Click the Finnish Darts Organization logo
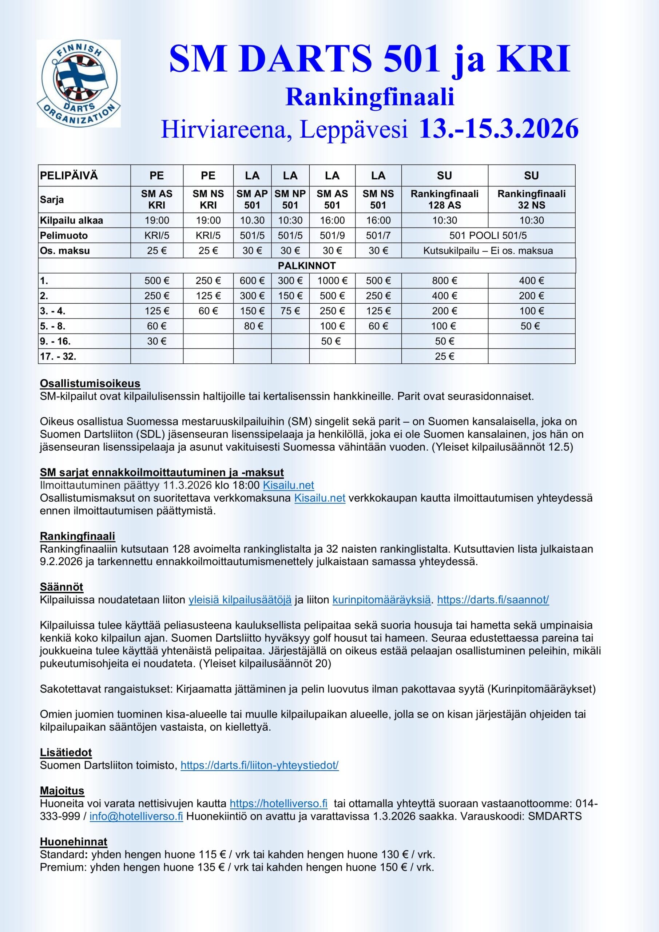point(79,84)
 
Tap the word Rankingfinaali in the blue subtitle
point(370,98)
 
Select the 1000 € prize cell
point(332,280)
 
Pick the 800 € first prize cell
point(444,280)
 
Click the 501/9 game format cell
point(332,236)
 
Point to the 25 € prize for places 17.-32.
point(444,356)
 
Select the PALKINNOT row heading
point(307,265)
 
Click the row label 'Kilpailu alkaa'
point(71,220)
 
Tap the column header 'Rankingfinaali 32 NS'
point(531,199)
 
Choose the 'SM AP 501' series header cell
point(252,199)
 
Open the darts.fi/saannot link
point(493,600)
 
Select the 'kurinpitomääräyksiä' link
point(381,600)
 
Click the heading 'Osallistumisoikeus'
point(90,383)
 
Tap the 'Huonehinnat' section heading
point(74,841)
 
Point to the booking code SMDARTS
point(555,816)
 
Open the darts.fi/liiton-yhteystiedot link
point(259,765)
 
